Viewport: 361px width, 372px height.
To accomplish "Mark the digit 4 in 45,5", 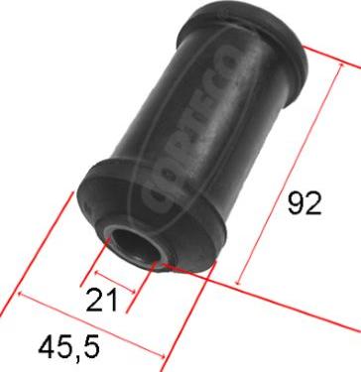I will coord(46,349).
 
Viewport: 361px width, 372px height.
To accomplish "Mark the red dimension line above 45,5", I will coord(89,324).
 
